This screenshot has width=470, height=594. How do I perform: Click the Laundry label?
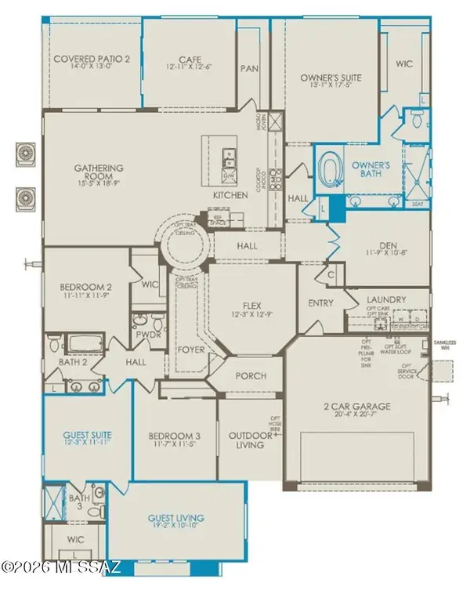point(385,300)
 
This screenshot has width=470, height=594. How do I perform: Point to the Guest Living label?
point(176,518)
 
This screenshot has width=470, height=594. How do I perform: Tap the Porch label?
point(251,376)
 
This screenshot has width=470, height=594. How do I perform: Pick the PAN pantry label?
point(249,68)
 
